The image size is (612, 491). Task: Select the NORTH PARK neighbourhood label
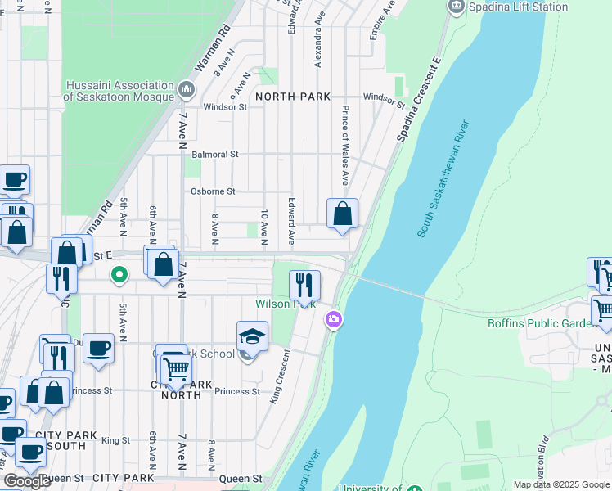coord(293,97)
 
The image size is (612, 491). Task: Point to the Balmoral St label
coord(214,154)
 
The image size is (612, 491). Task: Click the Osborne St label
coord(213,191)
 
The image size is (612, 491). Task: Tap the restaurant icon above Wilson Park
coord(304,286)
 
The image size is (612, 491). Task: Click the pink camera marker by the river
coord(334,319)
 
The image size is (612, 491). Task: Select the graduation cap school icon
coord(252,336)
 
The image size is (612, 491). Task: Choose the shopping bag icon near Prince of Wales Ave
coord(343,214)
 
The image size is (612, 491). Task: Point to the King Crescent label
coord(280,375)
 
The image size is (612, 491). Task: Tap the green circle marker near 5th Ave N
coord(119,274)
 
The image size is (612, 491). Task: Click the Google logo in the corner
coord(27,481)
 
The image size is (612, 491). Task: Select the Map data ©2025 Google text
coord(560,484)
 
